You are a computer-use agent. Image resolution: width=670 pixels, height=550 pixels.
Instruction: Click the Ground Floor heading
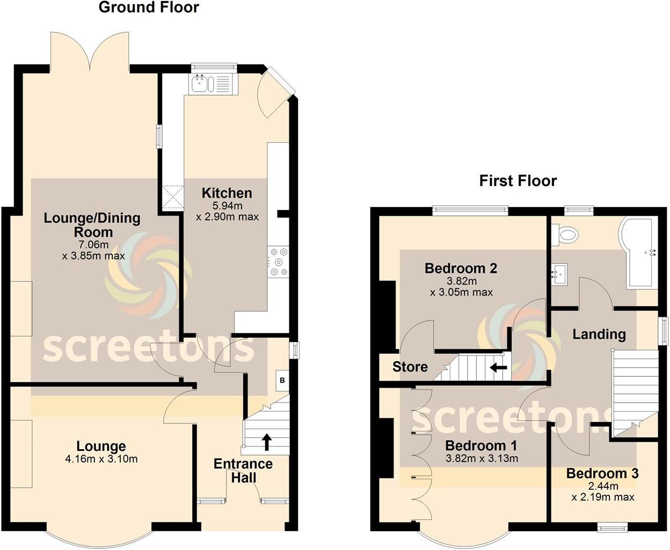click(x=149, y=8)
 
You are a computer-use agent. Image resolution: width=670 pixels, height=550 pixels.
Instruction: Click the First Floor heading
click(x=518, y=181)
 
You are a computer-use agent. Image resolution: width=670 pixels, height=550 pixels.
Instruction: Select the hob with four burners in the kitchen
click(x=279, y=261)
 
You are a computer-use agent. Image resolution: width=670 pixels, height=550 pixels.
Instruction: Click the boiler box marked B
click(x=282, y=381)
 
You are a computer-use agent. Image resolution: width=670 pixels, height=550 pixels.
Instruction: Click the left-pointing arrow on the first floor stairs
click(x=498, y=368)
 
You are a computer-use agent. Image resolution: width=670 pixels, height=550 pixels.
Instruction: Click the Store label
click(x=410, y=367)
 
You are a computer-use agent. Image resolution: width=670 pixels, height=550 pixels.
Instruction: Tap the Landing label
click(x=599, y=335)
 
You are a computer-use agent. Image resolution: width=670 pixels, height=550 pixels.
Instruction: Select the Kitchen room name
click(x=227, y=193)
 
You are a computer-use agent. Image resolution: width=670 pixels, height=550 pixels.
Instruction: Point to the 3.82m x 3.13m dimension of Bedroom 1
click(x=482, y=458)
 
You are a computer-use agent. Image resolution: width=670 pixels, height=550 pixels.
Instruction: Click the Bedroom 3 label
click(x=602, y=473)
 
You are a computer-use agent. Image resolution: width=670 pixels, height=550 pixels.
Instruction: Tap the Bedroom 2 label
click(x=461, y=268)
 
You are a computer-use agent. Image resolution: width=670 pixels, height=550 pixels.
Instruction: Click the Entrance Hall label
click(x=243, y=471)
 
